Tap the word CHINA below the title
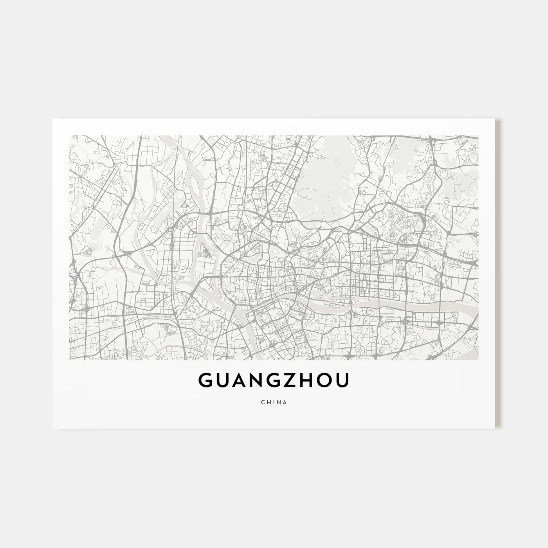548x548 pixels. pos(274,402)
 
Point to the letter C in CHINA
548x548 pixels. pos(262,402)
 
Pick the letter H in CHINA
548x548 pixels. pos(268,402)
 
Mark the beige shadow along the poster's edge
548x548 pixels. pos(498,274)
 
